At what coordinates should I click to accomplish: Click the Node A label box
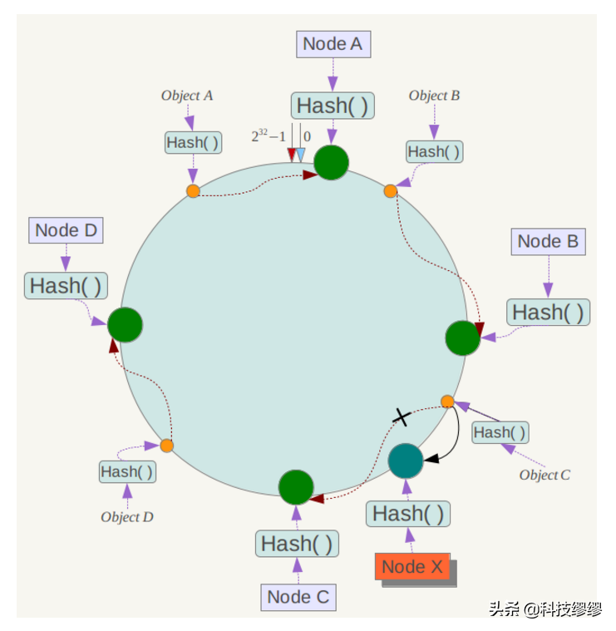(x=333, y=44)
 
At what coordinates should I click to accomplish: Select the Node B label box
(x=548, y=242)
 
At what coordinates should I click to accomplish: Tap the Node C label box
(x=298, y=597)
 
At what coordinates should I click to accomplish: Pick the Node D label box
(x=66, y=231)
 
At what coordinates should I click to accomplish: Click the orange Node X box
(x=412, y=568)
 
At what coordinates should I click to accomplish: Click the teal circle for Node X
(x=406, y=460)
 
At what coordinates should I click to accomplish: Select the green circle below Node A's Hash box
(x=331, y=161)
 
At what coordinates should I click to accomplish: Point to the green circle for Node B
(x=462, y=338)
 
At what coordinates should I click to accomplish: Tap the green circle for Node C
(x=295, y=487)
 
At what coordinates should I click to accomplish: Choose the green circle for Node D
(x=125, y=324)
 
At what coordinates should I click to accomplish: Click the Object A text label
(x=187, y=96)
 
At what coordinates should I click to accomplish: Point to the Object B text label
(x=434, y=96)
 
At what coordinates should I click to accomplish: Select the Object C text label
(x=545, y=475)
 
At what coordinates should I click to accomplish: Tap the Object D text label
(x=127, y=516)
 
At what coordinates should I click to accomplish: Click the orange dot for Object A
(x=193, y=191)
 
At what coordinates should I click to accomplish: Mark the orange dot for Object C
(x=447, y=402)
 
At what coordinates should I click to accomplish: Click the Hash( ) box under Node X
(x=407, y=514)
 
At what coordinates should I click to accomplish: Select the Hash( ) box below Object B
(x=433, y=151)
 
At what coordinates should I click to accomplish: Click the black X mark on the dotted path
(x=402, y=417)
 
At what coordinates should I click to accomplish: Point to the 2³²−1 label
(x=269, y=136)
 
